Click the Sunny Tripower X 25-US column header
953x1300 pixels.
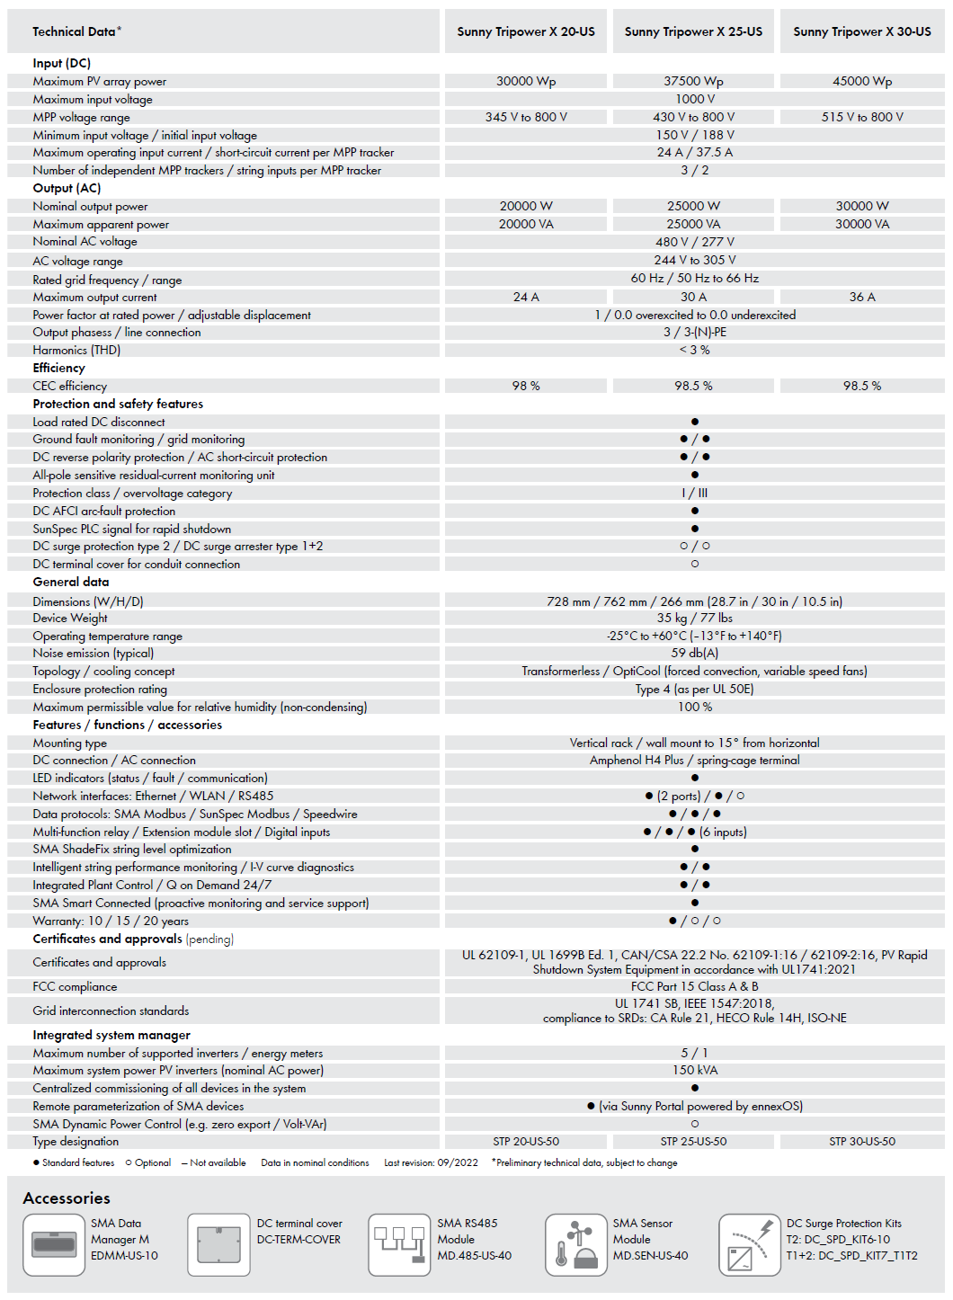point(693,31)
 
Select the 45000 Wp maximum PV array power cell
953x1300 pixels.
point(862,81)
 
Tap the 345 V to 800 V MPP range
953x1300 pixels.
point(526,117)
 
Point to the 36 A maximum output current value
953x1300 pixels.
point(862,297)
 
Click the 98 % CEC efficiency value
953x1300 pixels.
point(526,386)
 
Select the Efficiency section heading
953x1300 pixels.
point(59,368)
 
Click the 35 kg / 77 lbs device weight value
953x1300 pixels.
point(694,618)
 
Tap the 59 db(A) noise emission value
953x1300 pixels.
point(694,653)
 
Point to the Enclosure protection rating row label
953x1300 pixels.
point(100,689)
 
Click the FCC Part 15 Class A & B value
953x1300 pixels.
point(694,986)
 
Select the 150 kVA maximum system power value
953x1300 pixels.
point(694,1070)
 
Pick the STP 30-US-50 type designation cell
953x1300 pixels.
point(862,1141)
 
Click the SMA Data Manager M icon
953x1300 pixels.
point(54,1244)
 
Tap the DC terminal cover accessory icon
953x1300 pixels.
point(218,1244)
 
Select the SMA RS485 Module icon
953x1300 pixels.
point(399,1244)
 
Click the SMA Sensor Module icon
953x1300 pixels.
point(575,1244)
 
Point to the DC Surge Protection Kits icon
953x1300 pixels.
point(749,1244)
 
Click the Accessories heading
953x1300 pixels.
point(67,1198)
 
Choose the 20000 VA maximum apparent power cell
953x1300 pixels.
point(526,224)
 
